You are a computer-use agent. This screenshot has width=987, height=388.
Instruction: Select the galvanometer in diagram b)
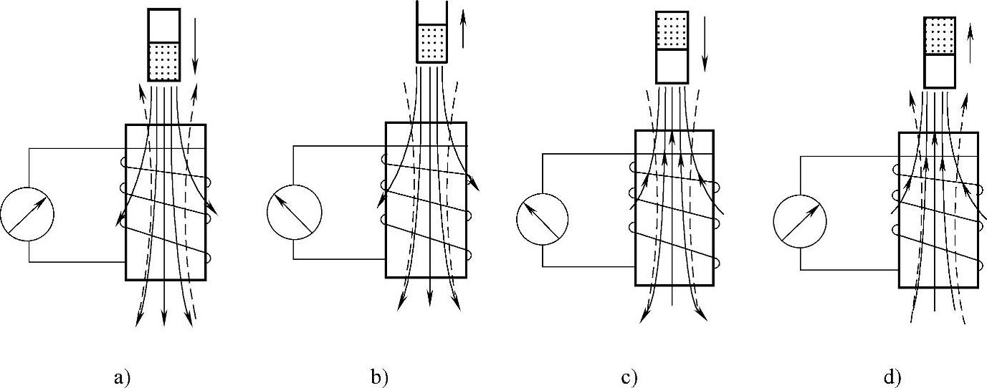pos(294,212)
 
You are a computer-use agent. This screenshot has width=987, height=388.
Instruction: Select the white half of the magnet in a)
pos(163,26)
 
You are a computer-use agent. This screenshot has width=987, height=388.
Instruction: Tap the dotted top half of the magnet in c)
pos(672,30)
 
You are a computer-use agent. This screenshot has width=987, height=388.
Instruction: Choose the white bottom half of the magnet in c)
pos(672,66)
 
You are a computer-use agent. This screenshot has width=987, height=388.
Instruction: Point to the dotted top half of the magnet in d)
pos(939,36)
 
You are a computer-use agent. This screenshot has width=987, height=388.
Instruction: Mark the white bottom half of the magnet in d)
pos(939,71)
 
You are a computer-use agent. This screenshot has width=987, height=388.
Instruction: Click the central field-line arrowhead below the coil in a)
pos(164,318)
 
